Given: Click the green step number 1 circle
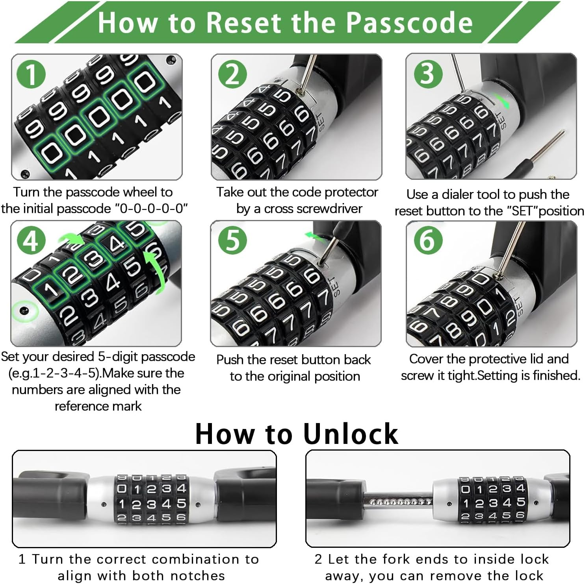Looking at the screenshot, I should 31,74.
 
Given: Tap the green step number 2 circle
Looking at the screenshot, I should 232,74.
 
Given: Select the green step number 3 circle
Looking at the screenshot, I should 428,74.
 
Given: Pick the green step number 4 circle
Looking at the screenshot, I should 31,240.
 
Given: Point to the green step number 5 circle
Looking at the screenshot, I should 232,240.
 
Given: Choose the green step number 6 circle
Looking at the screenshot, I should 428,240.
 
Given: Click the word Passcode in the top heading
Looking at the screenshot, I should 410,22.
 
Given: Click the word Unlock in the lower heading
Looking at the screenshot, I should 351,434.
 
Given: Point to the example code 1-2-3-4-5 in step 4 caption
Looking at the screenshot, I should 65,373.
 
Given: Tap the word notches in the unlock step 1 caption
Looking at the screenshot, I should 197,576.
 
